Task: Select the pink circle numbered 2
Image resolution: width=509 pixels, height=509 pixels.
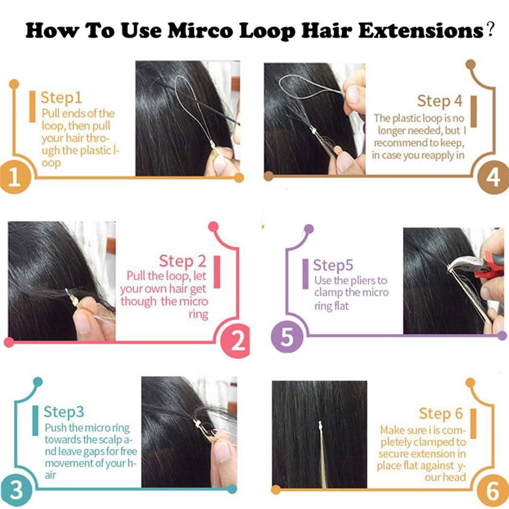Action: point(237,341)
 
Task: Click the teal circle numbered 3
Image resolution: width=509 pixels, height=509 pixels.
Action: point(16,491)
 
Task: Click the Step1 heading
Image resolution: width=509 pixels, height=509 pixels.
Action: point(61,97)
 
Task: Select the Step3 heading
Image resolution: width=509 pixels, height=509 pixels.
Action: point(64,411)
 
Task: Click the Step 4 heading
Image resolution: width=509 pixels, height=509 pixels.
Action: point(440,101)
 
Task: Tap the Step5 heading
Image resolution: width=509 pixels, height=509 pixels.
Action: point(333,265)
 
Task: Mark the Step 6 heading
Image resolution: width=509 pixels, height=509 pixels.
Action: point(441,413)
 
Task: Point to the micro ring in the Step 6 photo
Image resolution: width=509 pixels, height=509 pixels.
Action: point(320,426)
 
